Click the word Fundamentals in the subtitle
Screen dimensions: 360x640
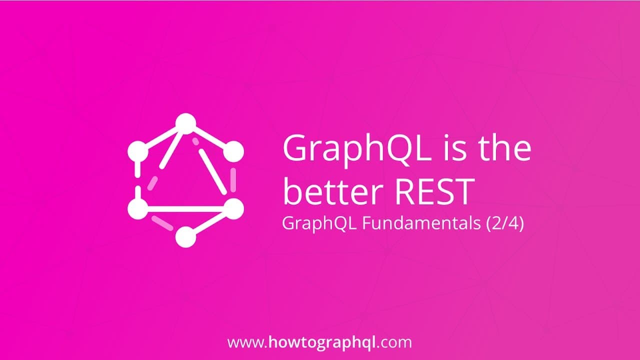[422, 223]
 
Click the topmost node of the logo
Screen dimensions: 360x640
[185, 123]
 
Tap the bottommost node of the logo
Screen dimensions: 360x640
[185, 237]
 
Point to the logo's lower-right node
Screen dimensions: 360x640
[232, 208]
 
